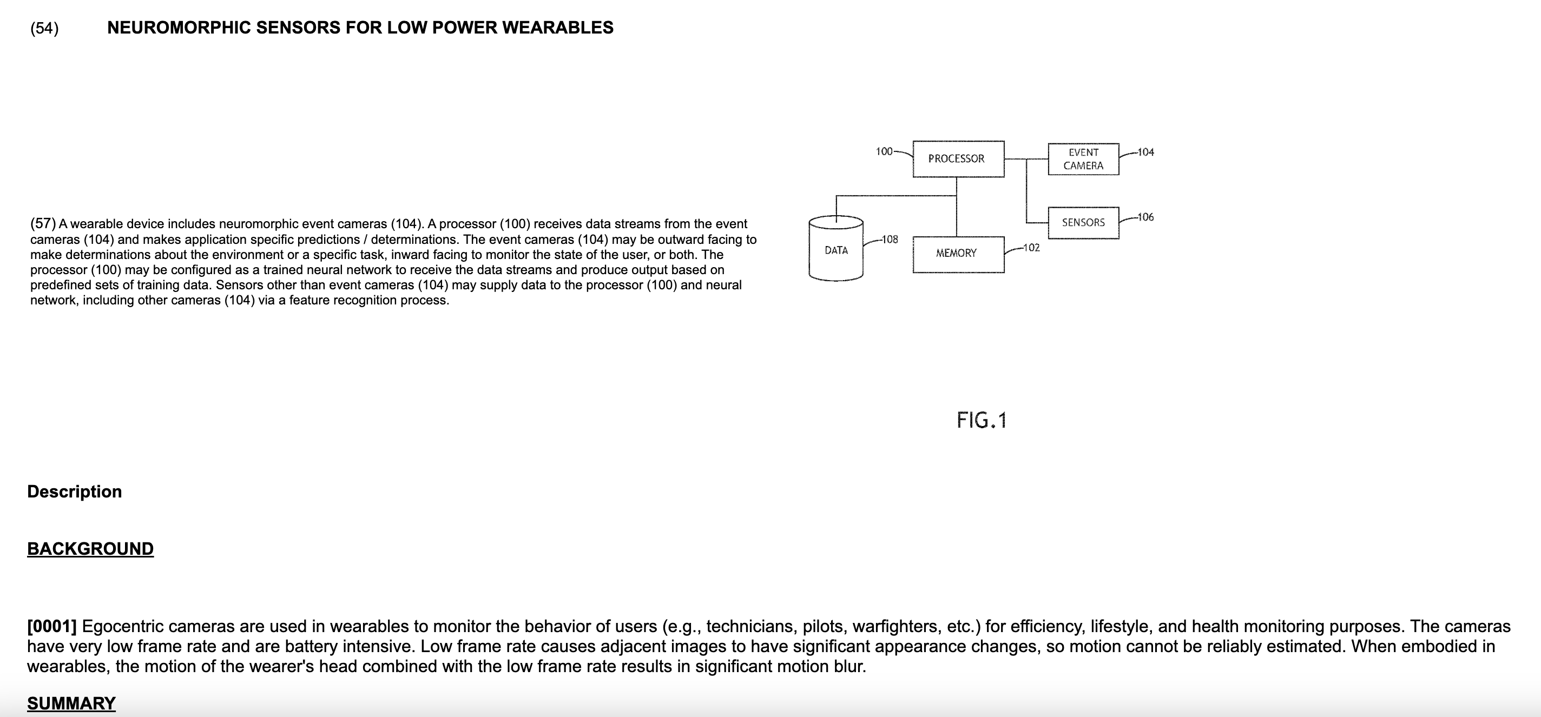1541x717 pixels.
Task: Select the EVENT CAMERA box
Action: [1083, 159]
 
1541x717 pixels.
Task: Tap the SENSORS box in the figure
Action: [1083, 222]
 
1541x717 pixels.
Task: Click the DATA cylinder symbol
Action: [836, 250]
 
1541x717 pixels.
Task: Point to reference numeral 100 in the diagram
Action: [884, 151]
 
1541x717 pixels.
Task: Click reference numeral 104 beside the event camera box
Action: [1145, 152]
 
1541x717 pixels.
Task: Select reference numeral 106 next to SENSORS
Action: [1145, 217]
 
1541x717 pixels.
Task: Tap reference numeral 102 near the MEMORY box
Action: [1031, 248]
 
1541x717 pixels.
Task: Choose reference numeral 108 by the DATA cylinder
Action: [890, 239]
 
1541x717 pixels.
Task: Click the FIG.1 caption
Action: [982, 420]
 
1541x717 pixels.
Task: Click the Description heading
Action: [75, 492]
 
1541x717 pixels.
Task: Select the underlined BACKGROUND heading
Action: [90, 549]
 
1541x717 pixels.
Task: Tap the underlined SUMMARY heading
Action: [71, 703]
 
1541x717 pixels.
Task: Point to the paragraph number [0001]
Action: [52, 626]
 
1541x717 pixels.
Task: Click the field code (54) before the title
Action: [44, 28]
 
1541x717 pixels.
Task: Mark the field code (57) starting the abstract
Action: [43, 224]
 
